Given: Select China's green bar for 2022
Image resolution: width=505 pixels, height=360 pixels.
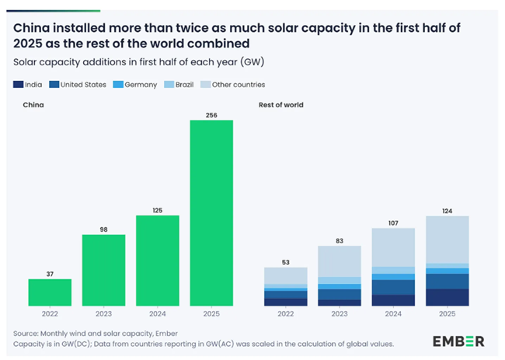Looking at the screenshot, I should click(50, 292).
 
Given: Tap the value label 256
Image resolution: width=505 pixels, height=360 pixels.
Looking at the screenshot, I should click(211, 115).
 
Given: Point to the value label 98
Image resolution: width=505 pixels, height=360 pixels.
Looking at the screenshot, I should click(103, 229).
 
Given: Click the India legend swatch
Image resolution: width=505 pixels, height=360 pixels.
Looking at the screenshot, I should click(18, 84).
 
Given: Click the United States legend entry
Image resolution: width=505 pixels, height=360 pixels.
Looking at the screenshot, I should click(81, 84).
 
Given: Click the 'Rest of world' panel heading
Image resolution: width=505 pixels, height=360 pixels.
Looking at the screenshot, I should click(280, 104).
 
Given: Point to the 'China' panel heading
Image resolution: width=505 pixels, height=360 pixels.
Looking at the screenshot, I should click(33, 104).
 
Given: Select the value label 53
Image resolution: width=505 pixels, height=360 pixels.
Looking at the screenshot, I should click(286, 261).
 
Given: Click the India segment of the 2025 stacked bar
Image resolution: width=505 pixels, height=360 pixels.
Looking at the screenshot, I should click(448, 297).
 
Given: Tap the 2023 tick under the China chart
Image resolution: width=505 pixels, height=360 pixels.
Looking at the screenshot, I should click(103, 314).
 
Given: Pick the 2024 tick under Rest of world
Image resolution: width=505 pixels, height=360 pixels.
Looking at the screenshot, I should click(393, 314).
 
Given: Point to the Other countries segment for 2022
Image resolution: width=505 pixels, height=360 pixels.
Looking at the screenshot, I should click(286, 275).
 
